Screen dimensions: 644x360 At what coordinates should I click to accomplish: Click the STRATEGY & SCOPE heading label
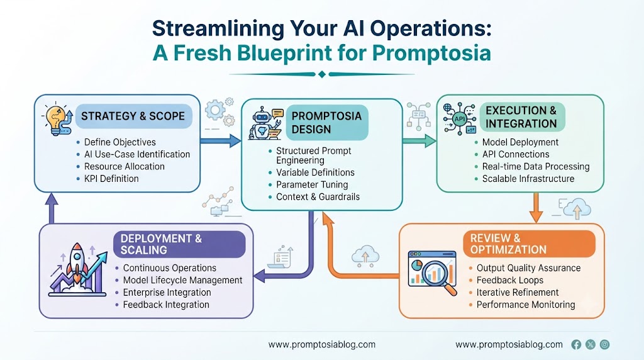[x=133, y=116]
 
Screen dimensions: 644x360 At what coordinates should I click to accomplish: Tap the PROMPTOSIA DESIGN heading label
[x=326, y=123]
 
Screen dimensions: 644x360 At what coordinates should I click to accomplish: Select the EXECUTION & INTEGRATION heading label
[x=522, y=117]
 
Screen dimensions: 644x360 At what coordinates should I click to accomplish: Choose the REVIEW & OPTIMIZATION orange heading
[x=529, y=244]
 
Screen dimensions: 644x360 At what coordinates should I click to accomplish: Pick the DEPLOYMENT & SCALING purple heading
[x=179, y=244]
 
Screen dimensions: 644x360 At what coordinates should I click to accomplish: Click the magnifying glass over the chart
[x=438, y=276]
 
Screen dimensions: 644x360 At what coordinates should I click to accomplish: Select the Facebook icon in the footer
[x=576, y=344]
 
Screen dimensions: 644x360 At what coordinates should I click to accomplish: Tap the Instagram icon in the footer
[x=604, y=344]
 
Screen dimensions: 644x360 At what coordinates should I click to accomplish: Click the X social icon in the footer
[x=590, y=344]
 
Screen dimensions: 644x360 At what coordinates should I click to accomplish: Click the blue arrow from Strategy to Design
[x=221, y=141]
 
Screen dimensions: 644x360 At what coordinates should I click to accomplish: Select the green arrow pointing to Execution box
[x=419, y=141]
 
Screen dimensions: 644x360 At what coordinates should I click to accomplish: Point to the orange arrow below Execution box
[x=536, y=208]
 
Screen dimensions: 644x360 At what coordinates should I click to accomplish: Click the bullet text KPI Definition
[x=111, y=179]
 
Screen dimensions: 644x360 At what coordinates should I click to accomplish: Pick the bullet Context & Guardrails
[x=318, y=197]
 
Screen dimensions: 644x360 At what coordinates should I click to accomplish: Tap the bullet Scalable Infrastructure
[x=528, y=179]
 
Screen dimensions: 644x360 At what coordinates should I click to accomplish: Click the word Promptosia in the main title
[x=431, y=53]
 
